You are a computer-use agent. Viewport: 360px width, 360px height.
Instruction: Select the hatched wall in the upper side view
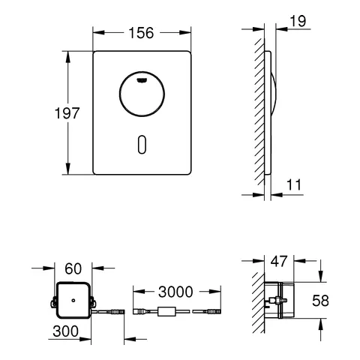click(x=259, y=112)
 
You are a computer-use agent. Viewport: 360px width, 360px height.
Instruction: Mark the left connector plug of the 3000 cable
click(x=139, y=311)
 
